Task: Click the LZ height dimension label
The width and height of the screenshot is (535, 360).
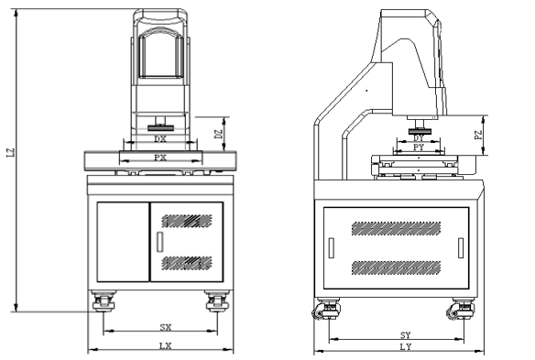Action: (11, 153)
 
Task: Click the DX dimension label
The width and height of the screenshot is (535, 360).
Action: (160, 139)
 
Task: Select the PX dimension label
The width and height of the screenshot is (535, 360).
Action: (160, 158)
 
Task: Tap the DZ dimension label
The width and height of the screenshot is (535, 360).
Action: (219, 134)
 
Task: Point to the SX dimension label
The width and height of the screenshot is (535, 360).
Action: (166, 327)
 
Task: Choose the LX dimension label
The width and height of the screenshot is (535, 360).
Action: (166, 346)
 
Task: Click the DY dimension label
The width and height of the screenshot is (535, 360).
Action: (419, 138)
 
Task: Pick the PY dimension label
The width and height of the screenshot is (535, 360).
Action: (419, 147)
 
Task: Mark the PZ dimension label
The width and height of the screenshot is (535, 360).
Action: (479, 135)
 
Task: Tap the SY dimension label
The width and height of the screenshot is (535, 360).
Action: (405, 335)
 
